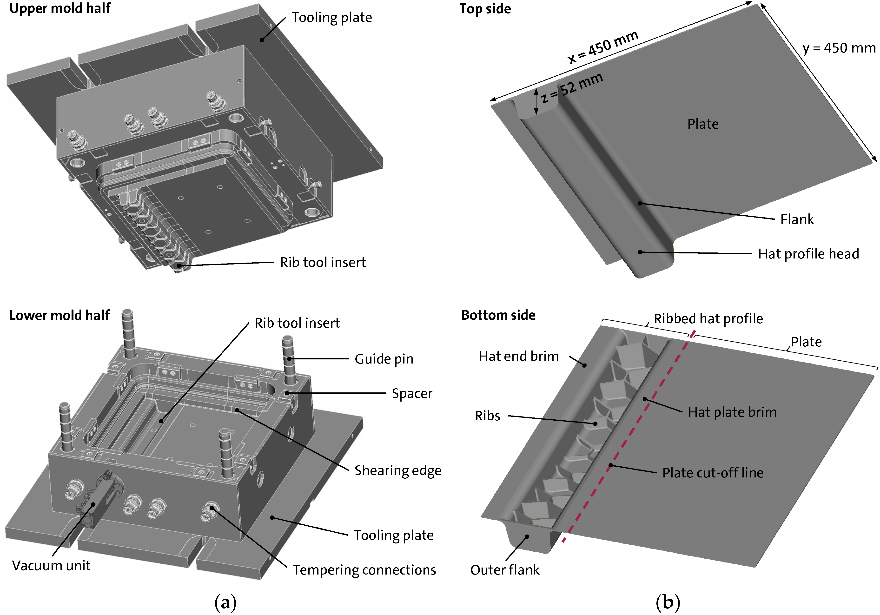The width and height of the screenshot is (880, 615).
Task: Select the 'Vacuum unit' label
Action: (51, 566)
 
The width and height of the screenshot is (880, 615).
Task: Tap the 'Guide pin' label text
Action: (384, 359)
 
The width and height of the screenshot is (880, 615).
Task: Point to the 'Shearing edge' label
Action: (397, 470)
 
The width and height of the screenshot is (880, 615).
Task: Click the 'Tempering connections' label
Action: (364, 570)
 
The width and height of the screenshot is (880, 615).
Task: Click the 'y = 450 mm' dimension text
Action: (839, 48)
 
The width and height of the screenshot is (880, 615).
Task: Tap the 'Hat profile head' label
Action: (808, 254)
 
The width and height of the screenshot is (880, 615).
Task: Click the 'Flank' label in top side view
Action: (797, 219)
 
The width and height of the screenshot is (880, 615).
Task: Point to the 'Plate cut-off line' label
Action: (713, 473)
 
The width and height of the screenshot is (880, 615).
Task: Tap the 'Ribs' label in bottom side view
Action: (488, 416)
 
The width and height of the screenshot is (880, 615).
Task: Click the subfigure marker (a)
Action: (225, 602)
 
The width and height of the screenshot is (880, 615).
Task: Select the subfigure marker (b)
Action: (668, 602)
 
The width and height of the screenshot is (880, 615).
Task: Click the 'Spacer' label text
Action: (412, 394)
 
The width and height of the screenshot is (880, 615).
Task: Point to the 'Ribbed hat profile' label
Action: (708, 319)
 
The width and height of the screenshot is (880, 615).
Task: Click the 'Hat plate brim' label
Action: (732, 412)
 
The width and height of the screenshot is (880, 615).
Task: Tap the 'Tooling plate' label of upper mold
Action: (331, 18)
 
